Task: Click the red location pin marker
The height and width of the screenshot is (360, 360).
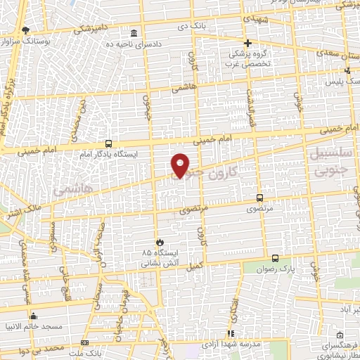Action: pyautogui.click(x=181, y=165)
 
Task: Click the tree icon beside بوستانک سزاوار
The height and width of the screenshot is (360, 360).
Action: pyautogui.click(x=26, y=30)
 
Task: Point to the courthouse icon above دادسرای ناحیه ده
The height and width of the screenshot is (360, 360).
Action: pyautogui.click(x=134, y=34)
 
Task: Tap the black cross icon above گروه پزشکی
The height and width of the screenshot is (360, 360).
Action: pyautogui.click(x=247, y=43)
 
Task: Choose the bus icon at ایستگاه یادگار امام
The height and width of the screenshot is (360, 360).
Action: pyautogui.click(x=108, y=143)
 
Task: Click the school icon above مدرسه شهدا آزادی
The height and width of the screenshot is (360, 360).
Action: pyautogui.click(x=229, y=334)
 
